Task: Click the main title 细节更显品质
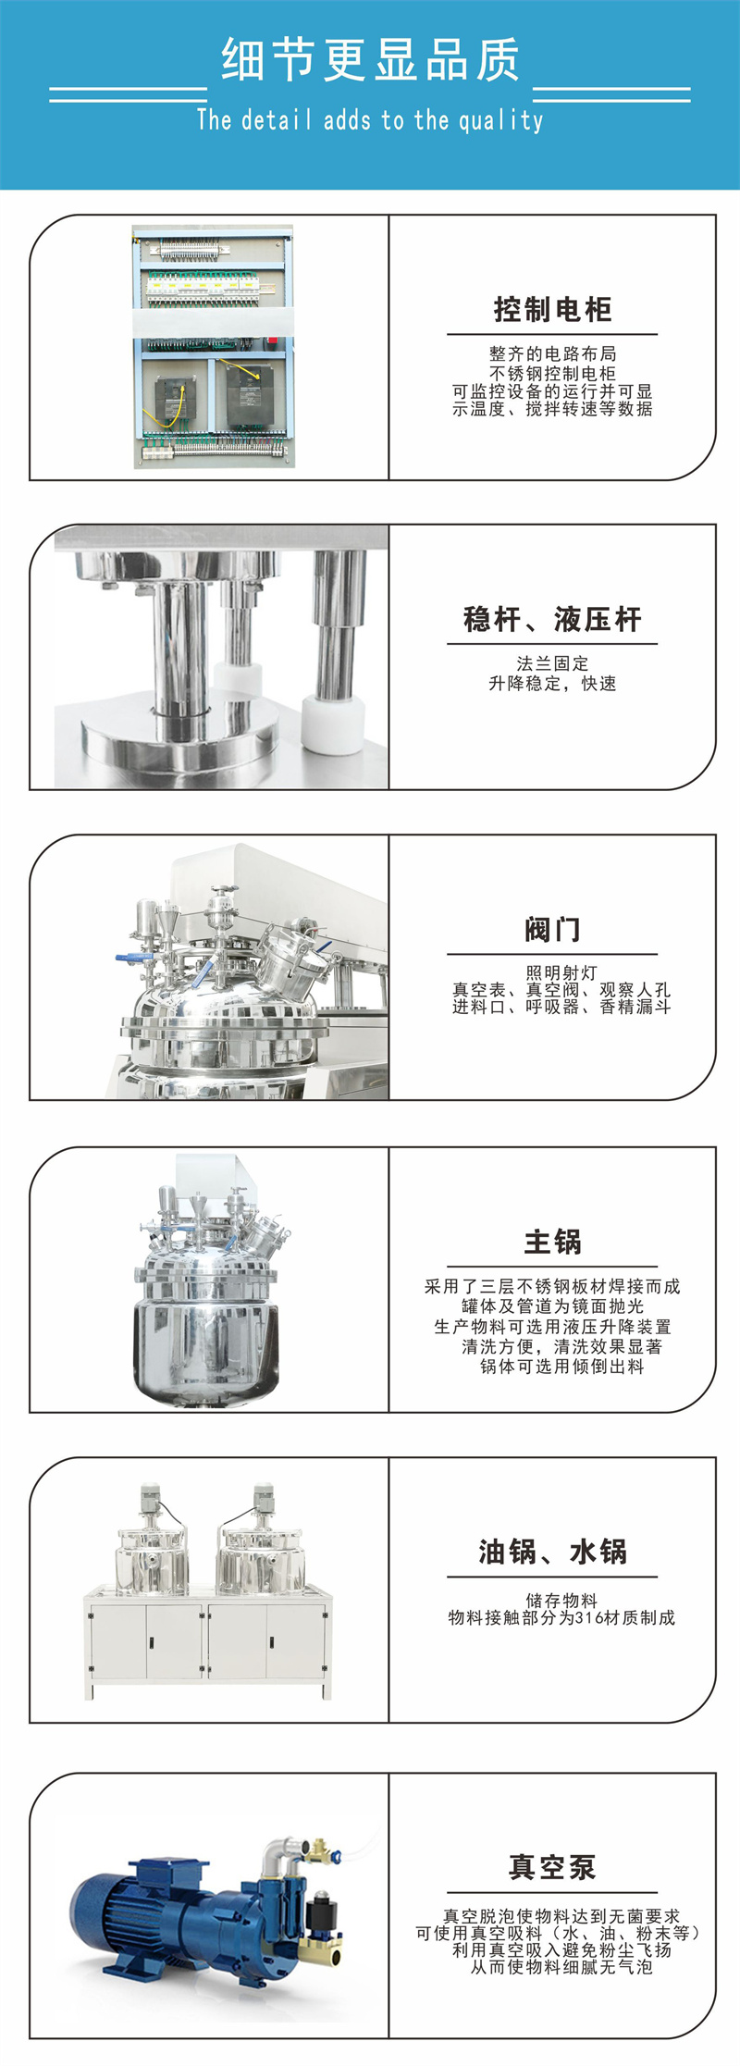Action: click(370, 60)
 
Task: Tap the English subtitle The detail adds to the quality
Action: click(370, 120)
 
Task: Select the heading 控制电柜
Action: click(552, 310)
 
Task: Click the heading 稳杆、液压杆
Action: click(552, 620)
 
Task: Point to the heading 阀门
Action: click(552, 930)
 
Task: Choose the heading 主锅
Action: click(552, 1242)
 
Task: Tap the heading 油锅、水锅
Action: click(552, 1552)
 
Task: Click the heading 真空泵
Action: click(552, 1867)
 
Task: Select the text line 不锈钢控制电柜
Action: click(552, 374)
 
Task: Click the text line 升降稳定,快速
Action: click(552, 684)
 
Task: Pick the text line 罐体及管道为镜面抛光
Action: click(552, 1306)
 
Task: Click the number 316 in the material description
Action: click(589, 1618)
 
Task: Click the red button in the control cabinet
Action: click(273, 340)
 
